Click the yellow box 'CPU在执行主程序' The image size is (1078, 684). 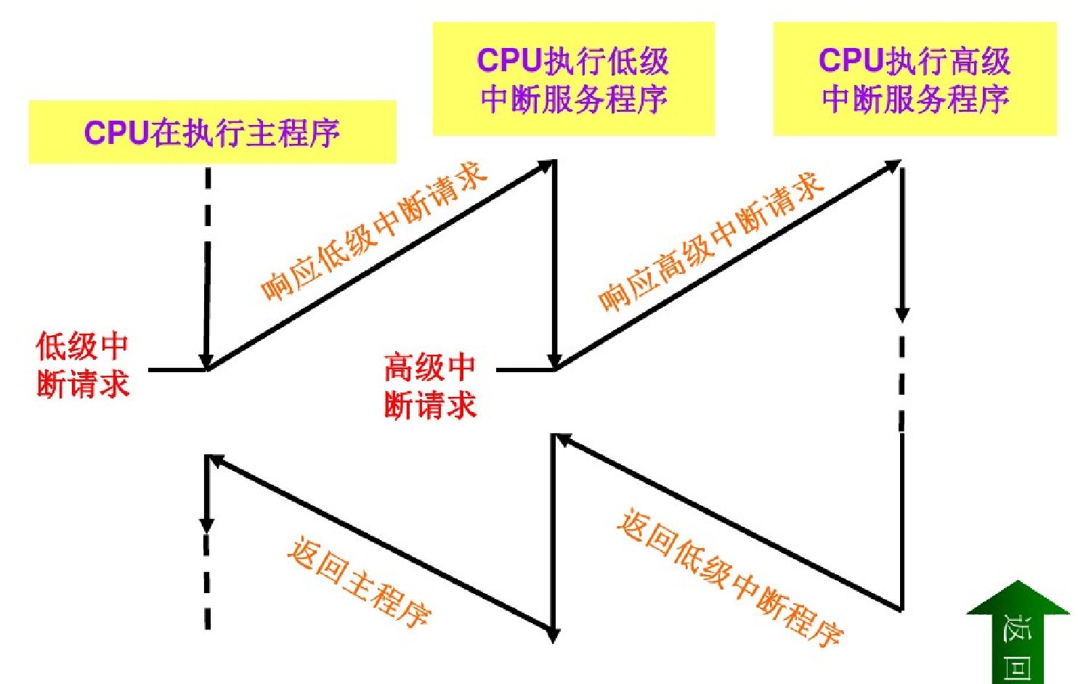point(212,132)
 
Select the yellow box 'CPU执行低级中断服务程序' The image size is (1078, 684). point(573,79)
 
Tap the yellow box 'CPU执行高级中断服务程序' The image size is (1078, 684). point(914,79)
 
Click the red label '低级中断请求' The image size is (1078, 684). point(82,366)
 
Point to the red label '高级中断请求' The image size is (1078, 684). point(429,386)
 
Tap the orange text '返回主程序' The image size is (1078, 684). point(359,582)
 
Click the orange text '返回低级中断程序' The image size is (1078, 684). point(729,578)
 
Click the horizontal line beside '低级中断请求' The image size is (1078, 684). point(177,370)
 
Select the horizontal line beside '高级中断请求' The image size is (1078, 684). point(524,370)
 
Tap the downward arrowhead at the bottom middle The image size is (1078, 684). point(554,635)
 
